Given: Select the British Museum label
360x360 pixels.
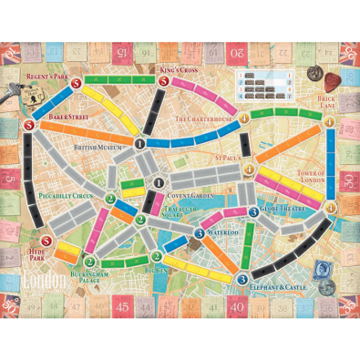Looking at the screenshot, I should tap(98, 149).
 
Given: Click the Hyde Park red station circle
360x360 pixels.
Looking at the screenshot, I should tap(46, 242).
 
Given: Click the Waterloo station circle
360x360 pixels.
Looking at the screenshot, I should tap(200, 233).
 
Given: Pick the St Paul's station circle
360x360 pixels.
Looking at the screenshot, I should tap(223, 168).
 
